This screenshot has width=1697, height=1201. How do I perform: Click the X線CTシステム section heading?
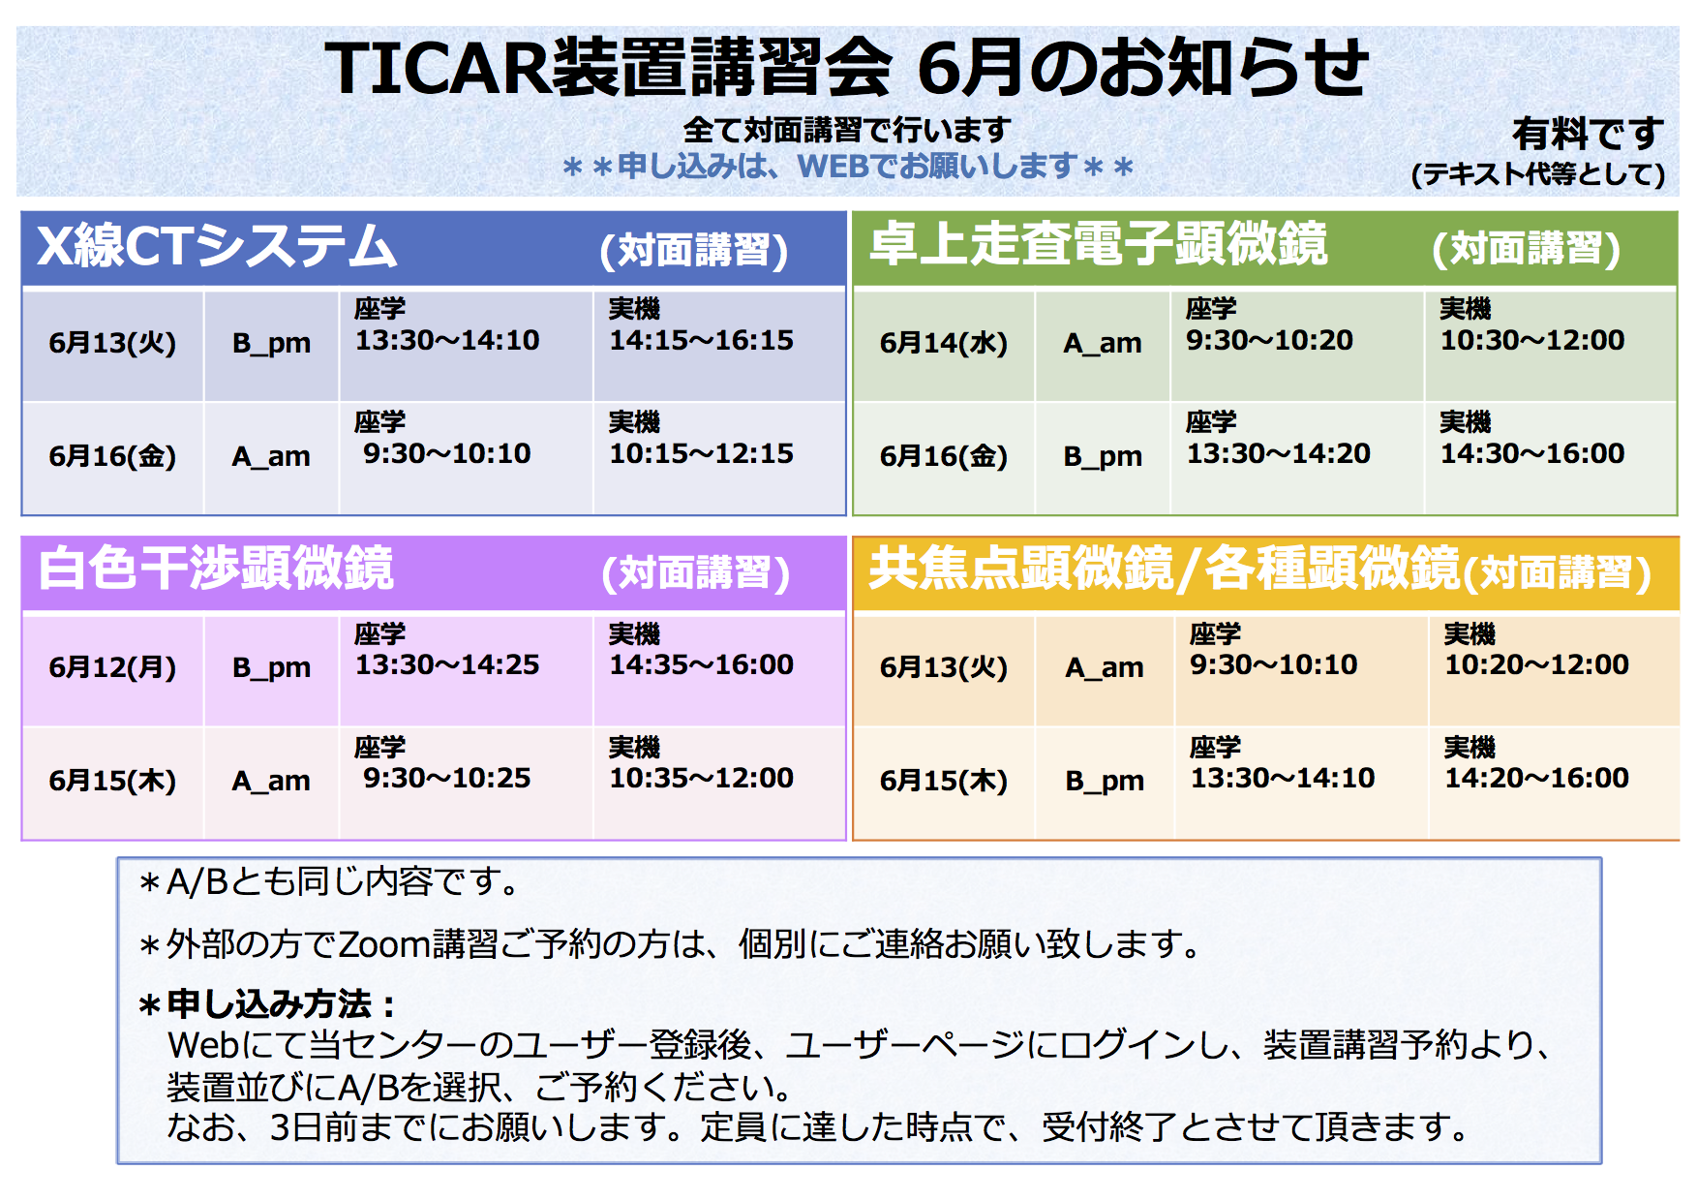click(x=217, y=246)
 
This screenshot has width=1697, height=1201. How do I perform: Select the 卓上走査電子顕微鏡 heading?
click(x=1098, y=243)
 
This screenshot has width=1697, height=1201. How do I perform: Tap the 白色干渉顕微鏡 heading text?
click(x=216, y=569)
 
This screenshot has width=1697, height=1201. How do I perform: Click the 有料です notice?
click(x=1588, y=134)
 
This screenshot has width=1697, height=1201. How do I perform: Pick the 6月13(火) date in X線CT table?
click(x=112, y=343)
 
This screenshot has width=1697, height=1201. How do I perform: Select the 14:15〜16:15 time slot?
click(x=701, y=340)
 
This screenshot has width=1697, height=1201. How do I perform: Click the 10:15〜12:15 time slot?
click(x=701, y=453)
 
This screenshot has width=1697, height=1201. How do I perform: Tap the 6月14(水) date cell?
click(x=944, y=343)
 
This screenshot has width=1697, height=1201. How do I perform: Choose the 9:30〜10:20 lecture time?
click(x=1269, y=340)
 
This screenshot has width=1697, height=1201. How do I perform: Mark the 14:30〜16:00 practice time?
click(x=1532, y=453)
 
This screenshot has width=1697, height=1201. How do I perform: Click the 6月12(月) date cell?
click(x=112, y=667)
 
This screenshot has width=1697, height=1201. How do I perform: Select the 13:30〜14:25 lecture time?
click(x=447, y=664)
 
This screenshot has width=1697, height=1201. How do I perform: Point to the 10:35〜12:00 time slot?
click(x=701, y=778)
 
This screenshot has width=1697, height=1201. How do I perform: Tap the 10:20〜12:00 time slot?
click(x=1536, y=664)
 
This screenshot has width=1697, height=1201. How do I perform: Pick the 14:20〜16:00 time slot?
click(x=1536, y=778)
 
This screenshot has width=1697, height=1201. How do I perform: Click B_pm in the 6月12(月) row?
click(x=271, y=668)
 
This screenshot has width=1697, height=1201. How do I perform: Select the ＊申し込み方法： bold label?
click(x=266, y=1004)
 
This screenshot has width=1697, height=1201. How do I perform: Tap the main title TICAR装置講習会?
click(x=608, y=68)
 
